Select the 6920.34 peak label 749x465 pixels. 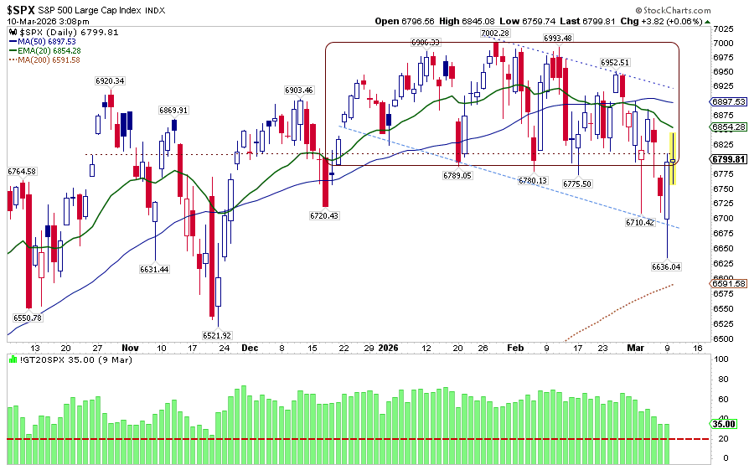(110, 80)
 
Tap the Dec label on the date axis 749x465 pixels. (251, 347)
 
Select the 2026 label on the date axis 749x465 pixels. (387, 347)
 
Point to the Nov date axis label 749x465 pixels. (130, 347)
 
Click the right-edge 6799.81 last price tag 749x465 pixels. (729, 159)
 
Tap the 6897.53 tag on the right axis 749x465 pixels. (729, 101)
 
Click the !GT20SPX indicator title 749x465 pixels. (34, 359)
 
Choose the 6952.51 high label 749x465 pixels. (615, 63)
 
